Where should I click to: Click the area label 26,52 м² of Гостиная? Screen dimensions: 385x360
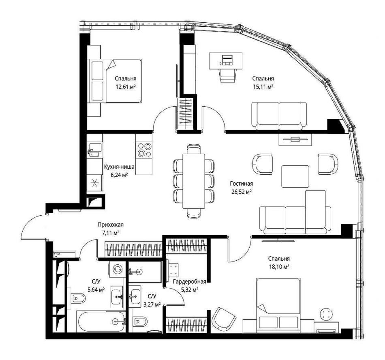(242, 192)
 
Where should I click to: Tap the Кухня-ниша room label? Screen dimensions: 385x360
(119, 167)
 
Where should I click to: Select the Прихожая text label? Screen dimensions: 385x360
(111, 225)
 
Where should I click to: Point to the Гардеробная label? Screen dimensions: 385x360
(189, 282)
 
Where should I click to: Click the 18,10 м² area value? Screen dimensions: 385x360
(279, 266)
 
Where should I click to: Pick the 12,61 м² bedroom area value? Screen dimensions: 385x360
(126, 87)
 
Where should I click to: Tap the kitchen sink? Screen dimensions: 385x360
(94, 150)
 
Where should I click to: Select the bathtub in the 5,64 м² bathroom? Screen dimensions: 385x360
(101, 321)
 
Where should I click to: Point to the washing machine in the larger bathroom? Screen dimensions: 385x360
(118, 269)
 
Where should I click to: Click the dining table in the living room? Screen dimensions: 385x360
(194, 181)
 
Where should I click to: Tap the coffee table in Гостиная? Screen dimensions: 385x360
(295, 176)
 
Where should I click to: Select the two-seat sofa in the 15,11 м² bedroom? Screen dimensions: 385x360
(279, 116)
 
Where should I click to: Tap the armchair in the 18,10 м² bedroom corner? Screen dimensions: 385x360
(223, 319)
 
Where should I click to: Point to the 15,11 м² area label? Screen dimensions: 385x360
(263, 87)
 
